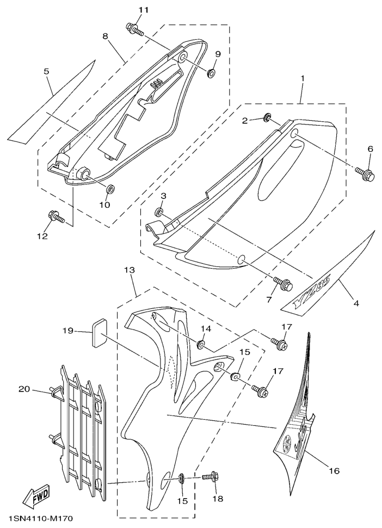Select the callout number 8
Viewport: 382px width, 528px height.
[x=106, y=36]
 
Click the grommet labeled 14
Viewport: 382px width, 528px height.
[x=201, y=344]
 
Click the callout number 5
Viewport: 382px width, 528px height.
[x=46, y=71]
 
